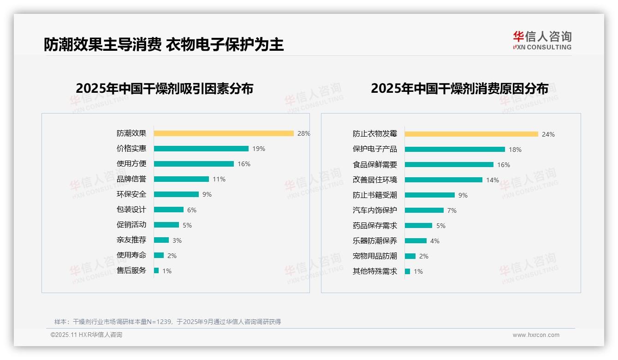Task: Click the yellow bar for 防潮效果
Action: click(x=224, y=133)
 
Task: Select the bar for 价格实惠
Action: click(x=201, y=149)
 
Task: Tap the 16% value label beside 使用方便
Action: click(x=244, y=164)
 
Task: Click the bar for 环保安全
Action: click(x=176, y=194)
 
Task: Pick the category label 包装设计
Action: click(x=131, y=210)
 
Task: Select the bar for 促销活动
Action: click(x=166, y=225)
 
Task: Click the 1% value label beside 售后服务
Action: click(x=166, y=271)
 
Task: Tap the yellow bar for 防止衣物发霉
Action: click(x=471, y=134)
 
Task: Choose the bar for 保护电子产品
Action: click(x=455, y=150)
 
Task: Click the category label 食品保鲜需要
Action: click(x=375, y=165)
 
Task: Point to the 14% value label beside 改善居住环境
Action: click(x=493, y=180)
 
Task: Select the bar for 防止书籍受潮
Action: click(x=430, y=195)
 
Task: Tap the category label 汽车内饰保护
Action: click(x=375, y=210)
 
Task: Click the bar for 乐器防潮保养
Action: click(x=416, y=241)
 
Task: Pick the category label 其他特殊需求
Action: click(x=375, y=271)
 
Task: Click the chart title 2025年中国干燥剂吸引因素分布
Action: click(x=165, y=89)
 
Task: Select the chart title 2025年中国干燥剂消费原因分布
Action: click(x=459, y=89)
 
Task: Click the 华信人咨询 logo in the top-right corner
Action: click(x=542, y=41)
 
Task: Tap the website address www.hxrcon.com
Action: click(x=536, y=335)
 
